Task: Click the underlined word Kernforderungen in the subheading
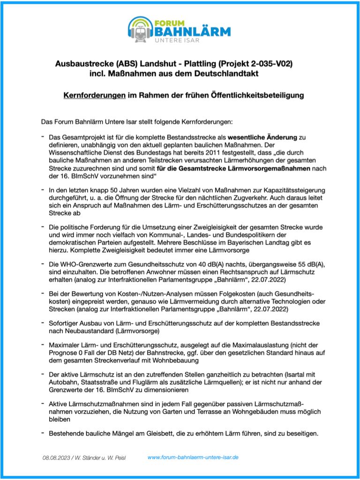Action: pos(94,95)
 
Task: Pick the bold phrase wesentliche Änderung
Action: pos(262,137)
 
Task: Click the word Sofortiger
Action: pos(65,324)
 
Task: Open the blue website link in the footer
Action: pos(193,457)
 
